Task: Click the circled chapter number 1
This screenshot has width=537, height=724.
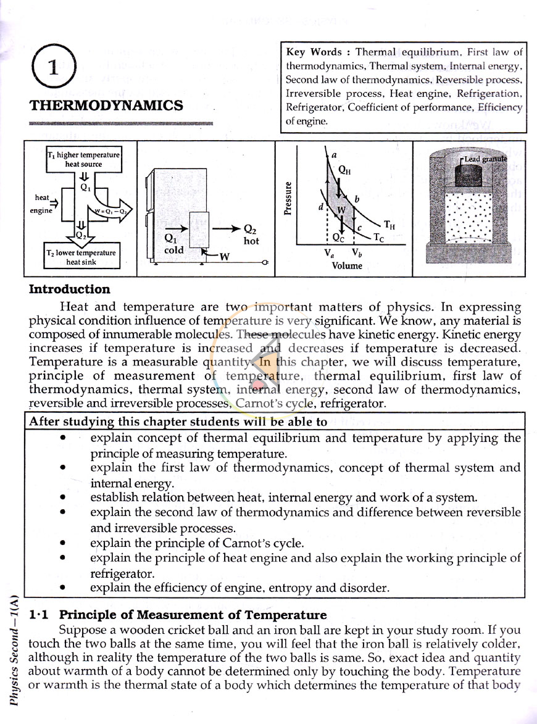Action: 53,67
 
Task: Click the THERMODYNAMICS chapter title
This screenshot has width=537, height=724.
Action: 106,106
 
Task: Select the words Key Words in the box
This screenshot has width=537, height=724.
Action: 314,52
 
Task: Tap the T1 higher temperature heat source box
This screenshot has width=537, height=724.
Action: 83,159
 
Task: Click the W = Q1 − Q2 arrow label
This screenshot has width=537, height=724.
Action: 111,211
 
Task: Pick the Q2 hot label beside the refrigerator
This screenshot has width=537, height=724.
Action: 251,235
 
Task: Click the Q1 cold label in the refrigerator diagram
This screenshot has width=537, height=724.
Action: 173,244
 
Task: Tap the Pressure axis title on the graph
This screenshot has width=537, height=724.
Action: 288,198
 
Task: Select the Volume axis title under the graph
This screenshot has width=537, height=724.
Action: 347,265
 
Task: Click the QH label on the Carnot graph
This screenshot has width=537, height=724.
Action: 344,170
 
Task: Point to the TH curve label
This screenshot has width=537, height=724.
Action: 389,225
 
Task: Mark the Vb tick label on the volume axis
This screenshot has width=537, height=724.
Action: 357,253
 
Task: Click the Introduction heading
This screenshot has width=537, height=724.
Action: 69,289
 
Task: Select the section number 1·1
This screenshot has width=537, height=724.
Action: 38,615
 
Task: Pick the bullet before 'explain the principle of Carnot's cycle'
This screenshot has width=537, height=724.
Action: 62,543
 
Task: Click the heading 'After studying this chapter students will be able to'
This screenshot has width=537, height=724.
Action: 178,422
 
